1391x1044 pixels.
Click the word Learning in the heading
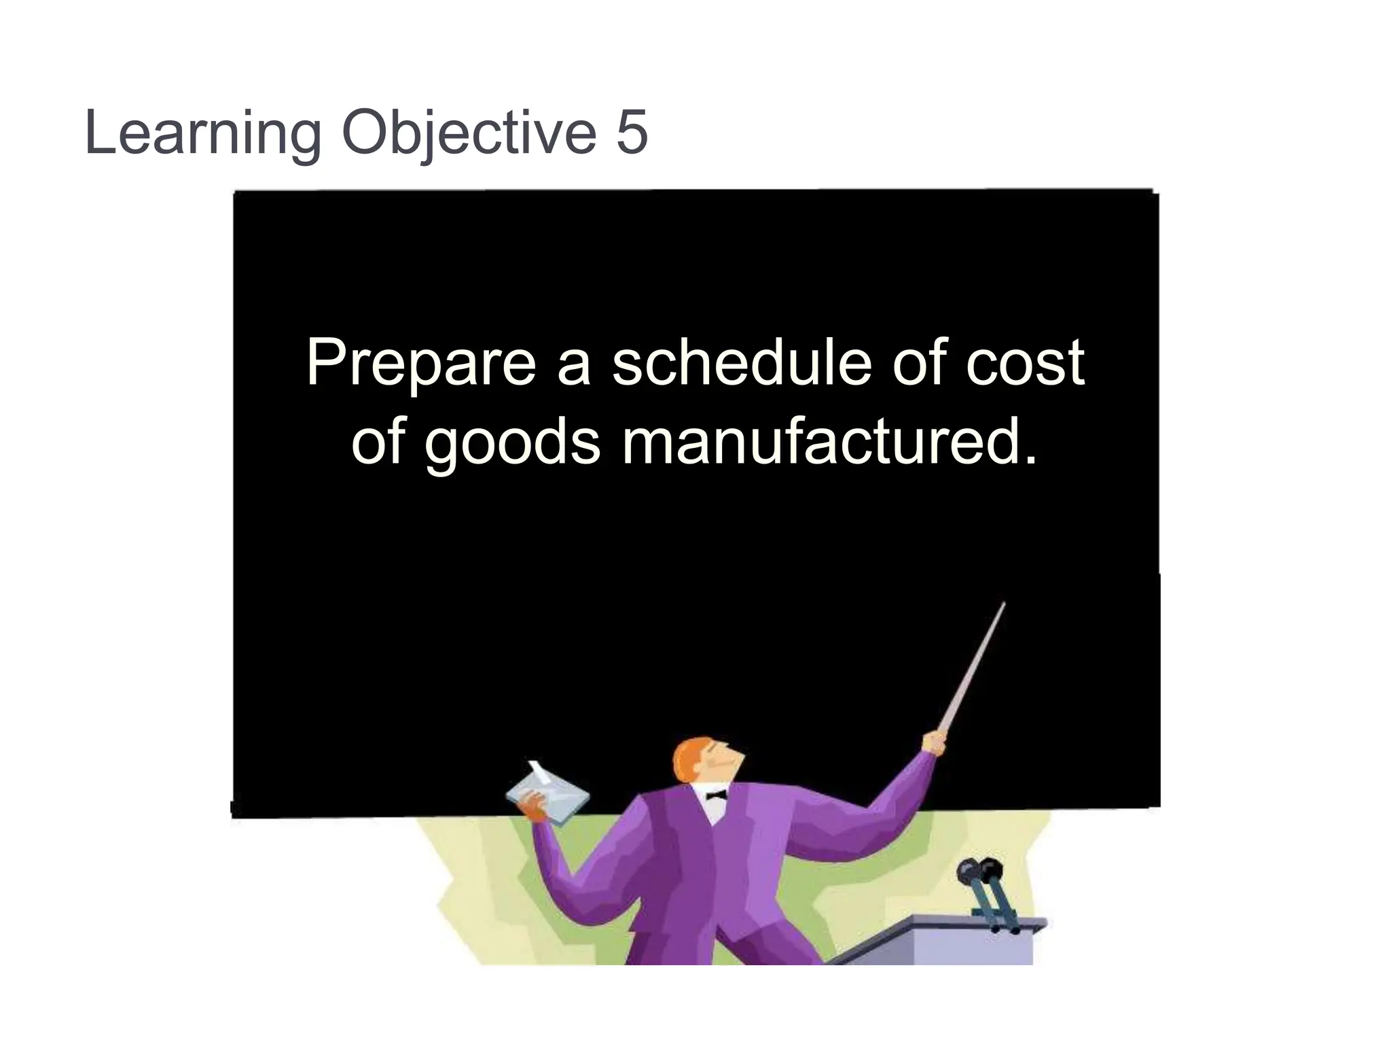point(202,133)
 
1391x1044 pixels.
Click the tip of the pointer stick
point(1002,605)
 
